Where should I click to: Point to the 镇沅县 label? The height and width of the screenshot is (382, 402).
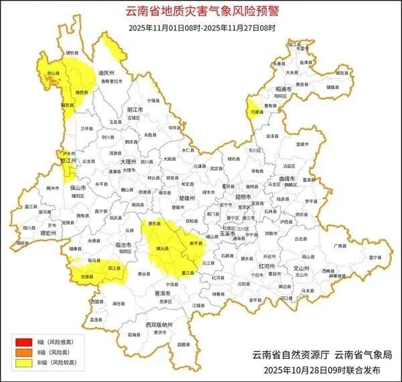(x=161, y=248)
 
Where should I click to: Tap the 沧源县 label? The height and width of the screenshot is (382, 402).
(x=86, y=276)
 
